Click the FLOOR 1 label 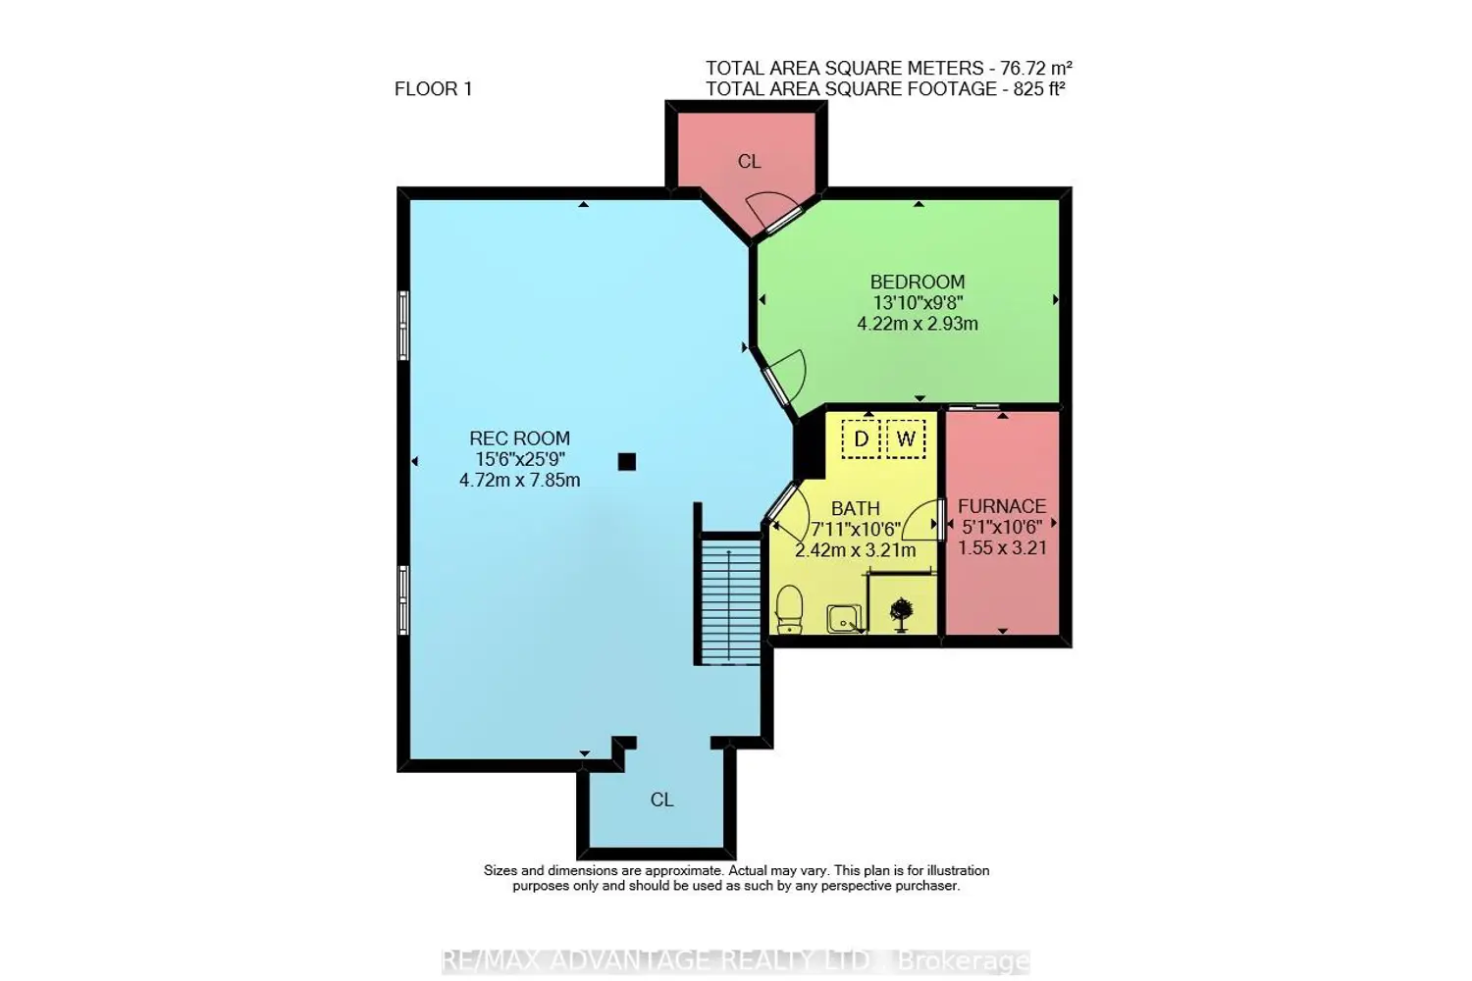tap(433, 88)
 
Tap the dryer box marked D tap(861, 439)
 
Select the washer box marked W tap(906, 439)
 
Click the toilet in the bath tap(789, 610)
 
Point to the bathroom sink tap(844, 619)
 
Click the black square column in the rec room tap(627, 462)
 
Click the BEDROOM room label tap(918, 282)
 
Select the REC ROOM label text tap(520, 439)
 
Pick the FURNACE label tap(1002, 506)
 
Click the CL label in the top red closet tap(749, 162)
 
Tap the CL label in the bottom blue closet tap(661, 800)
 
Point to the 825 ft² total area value tap(1039, 88)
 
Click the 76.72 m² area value tap(1036, 68)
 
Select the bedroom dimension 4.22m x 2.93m tap(918, 324)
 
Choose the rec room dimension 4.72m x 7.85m tap(520, 481)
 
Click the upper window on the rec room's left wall tap(404, 326)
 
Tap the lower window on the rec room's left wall tap(404, 600)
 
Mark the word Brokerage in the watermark tap(963, 961)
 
